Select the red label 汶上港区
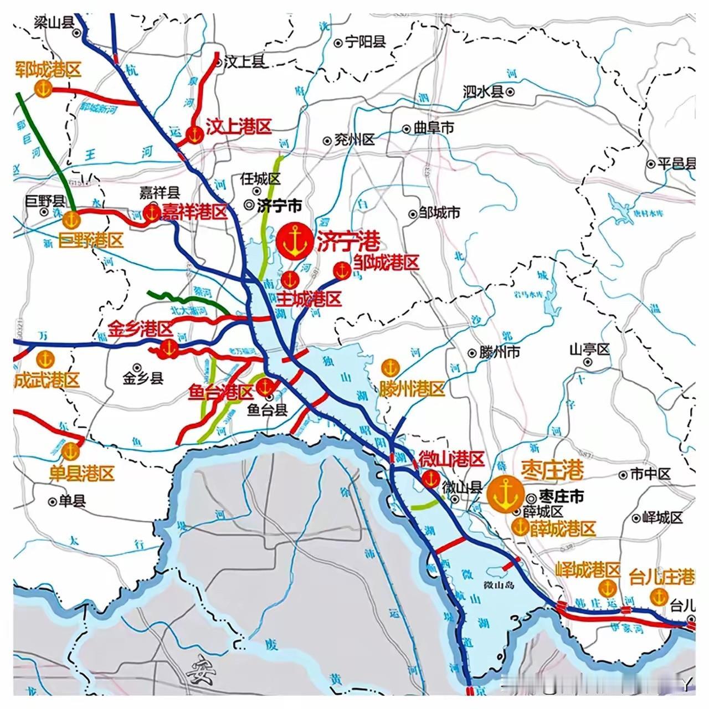pos(239,127)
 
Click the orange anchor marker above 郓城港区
pos(43,88)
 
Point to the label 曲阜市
pos(434,128)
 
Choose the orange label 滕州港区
pos(412,388)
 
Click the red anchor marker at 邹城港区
pos(342,270)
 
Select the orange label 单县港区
pos(82,474)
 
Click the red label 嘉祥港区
pos(195,212)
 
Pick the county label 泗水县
pos(483,91)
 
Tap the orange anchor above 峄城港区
pos(608,587)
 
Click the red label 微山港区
pos(451,459)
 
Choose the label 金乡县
pos(143,378)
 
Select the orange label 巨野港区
pos(91,240)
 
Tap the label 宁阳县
pos(364,42)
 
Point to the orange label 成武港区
pos(47,381)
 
